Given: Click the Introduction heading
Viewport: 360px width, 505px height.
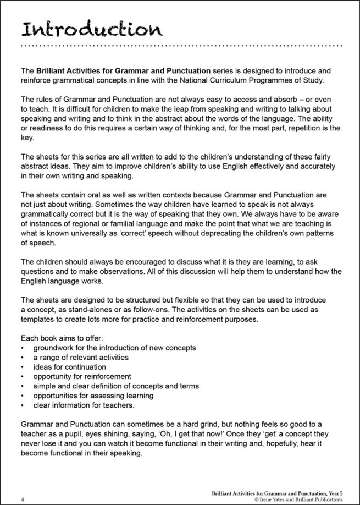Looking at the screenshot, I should click(90, 28).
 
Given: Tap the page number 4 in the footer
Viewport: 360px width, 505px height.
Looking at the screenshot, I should click(21, 499).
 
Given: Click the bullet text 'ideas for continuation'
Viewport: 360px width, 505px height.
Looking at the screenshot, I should click(70, 367).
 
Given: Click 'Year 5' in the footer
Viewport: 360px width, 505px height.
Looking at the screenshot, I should click(334, 493).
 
